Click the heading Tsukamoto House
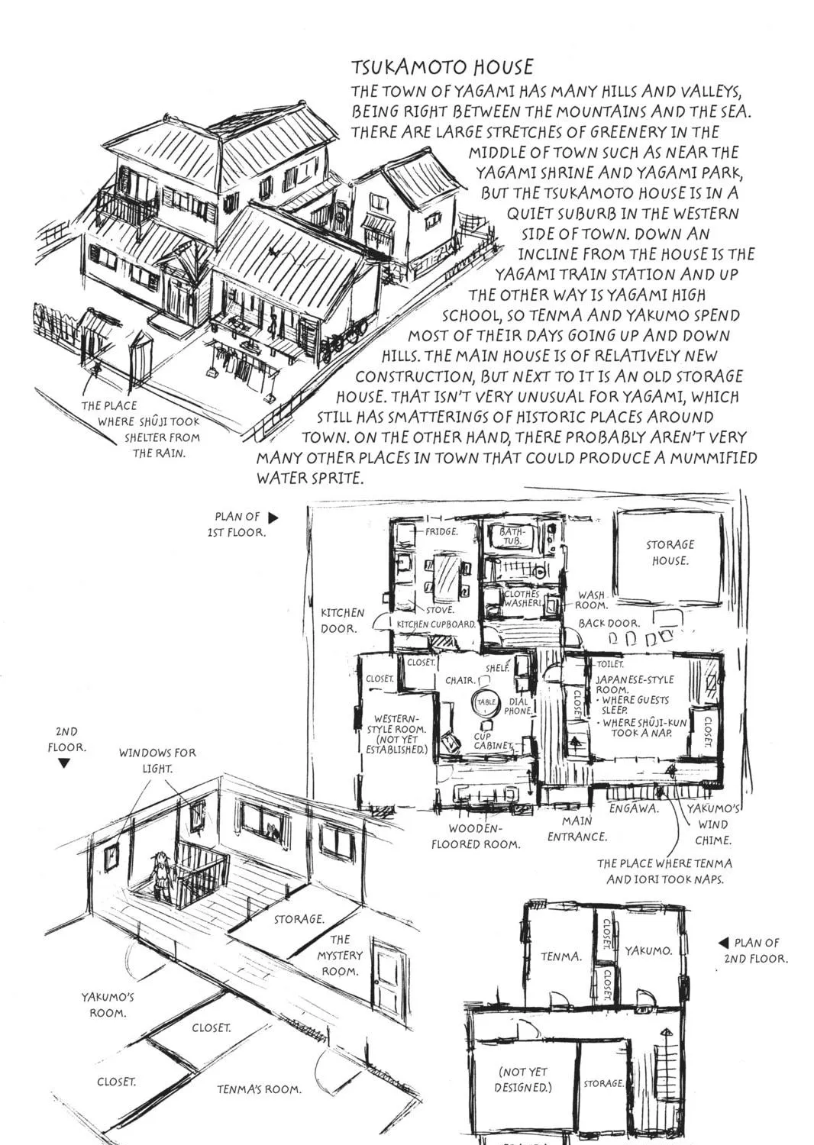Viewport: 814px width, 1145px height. point(442,67)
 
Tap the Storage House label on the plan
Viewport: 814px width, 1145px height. point(670,553)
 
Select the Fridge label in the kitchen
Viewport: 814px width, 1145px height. point(442,531)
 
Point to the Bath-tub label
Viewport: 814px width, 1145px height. point(510,537)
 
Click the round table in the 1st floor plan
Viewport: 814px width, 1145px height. point(486,702)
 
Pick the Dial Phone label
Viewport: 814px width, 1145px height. point(519,706)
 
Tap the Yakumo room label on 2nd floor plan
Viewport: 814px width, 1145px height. point(648,951)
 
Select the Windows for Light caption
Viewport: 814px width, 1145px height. point(157,760)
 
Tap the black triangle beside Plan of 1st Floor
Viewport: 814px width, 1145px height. point(273,518)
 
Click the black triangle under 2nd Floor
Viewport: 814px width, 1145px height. point(64,763)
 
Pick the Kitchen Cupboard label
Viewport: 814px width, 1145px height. point(436,624)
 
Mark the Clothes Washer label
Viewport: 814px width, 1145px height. point(522,598)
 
